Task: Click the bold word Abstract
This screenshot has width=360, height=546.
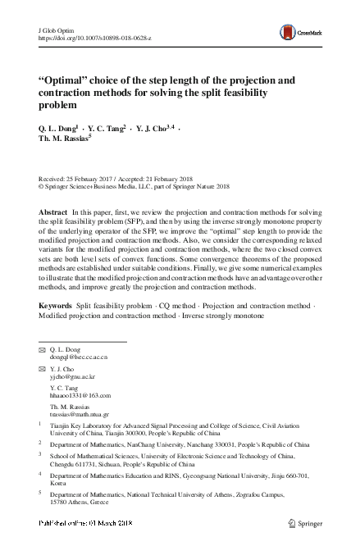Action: click(53, 212)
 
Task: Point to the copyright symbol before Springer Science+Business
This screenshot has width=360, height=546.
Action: click(42, 186)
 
